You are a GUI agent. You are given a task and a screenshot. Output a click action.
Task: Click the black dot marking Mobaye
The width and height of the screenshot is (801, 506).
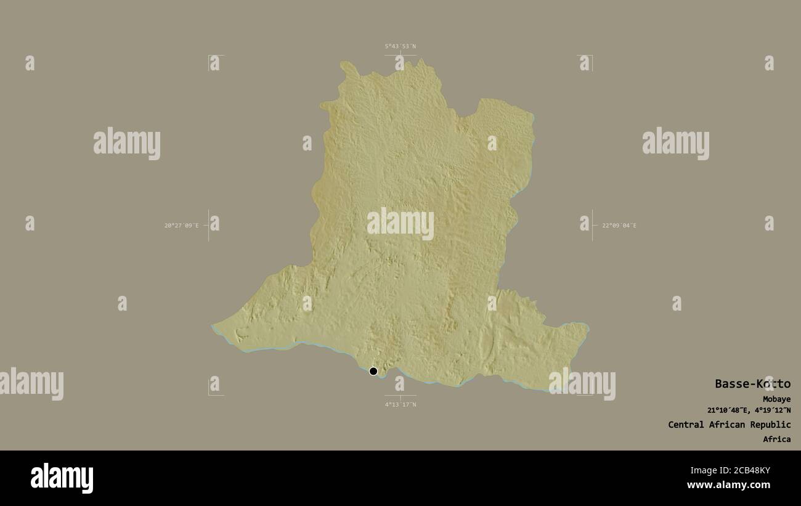pyautogui.click(x=373, y=371)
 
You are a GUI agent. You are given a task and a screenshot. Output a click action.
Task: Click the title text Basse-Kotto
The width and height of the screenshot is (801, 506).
pyautogui.click(x=752, y=384)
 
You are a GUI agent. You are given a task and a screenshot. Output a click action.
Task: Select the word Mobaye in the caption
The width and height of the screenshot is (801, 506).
pyautogui.click(x=776, y=399)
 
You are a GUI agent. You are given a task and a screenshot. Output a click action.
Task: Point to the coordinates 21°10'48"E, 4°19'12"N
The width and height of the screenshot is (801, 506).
pyautogui.click(x=749, y=410)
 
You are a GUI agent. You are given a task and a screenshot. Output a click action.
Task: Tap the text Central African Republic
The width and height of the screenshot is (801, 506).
pyautogui.click(x=729, y=425)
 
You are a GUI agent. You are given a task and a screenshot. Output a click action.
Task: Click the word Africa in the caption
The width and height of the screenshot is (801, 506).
pyautogui.click(x=776, y=439)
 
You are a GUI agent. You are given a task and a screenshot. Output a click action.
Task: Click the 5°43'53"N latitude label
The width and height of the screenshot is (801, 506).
pyautogui.click(x=400, y=46)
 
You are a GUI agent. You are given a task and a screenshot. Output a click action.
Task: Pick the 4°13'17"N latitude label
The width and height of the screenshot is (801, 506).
pyautogui.click(x=400, y=404)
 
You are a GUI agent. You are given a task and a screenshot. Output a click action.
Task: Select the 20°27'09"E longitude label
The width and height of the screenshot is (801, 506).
pyautogui.click(x=181, y=226)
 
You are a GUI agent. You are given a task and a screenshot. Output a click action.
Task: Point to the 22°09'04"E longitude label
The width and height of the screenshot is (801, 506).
pyautogui.click(x=619, y=226)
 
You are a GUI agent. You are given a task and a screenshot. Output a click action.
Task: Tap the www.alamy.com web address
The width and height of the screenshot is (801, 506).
pyautogui.click(x=728, y=485)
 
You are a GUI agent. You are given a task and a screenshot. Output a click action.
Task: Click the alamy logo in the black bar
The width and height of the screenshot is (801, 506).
pyautogui.click(x=62, y=478)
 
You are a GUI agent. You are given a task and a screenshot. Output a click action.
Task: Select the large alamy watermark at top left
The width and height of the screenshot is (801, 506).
pyautogui.click(x=127, y=143)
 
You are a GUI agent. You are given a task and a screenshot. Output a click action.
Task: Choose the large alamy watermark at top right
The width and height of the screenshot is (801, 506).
pyautogui.click(x=675, y=143)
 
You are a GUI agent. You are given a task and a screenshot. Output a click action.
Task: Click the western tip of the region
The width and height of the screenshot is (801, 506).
pyautogui.click(x=213, y=327)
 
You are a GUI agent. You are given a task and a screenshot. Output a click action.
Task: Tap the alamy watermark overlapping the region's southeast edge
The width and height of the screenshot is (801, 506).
pyautogui.click(x=582, y=383)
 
